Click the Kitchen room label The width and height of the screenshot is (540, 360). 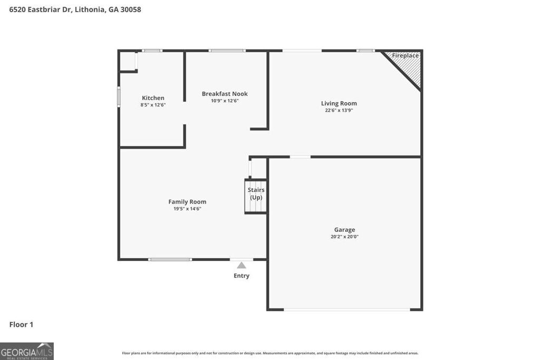coord(153,98)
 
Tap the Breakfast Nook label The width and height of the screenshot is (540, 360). coord(225,94)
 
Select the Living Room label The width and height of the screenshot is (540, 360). coord(339,103)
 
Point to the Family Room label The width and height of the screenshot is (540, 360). coord(187,201)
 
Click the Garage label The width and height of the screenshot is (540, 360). coord(344,229)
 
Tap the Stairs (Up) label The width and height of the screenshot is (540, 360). coord(256,193)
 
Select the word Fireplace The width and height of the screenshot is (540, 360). coord(405,55)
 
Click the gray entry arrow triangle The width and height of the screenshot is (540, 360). coord(242,265)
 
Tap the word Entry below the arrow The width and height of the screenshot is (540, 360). coord(242,276)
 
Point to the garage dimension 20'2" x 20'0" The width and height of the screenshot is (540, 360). coord(344,237)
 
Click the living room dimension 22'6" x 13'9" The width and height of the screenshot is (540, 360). coord(339,110)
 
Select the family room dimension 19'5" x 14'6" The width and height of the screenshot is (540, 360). coord(187,209)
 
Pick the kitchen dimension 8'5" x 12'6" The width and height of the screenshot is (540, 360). coord(153,105)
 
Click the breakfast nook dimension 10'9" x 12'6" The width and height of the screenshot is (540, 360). coord(225,101)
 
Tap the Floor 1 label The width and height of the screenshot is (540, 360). coord(21,325)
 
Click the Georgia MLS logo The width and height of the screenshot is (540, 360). coord(26,351)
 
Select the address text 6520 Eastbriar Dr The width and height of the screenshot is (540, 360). coord(42,9)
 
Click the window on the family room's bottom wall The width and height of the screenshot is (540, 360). coord(170,259)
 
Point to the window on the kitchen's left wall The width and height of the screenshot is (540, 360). coord(119,97)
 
